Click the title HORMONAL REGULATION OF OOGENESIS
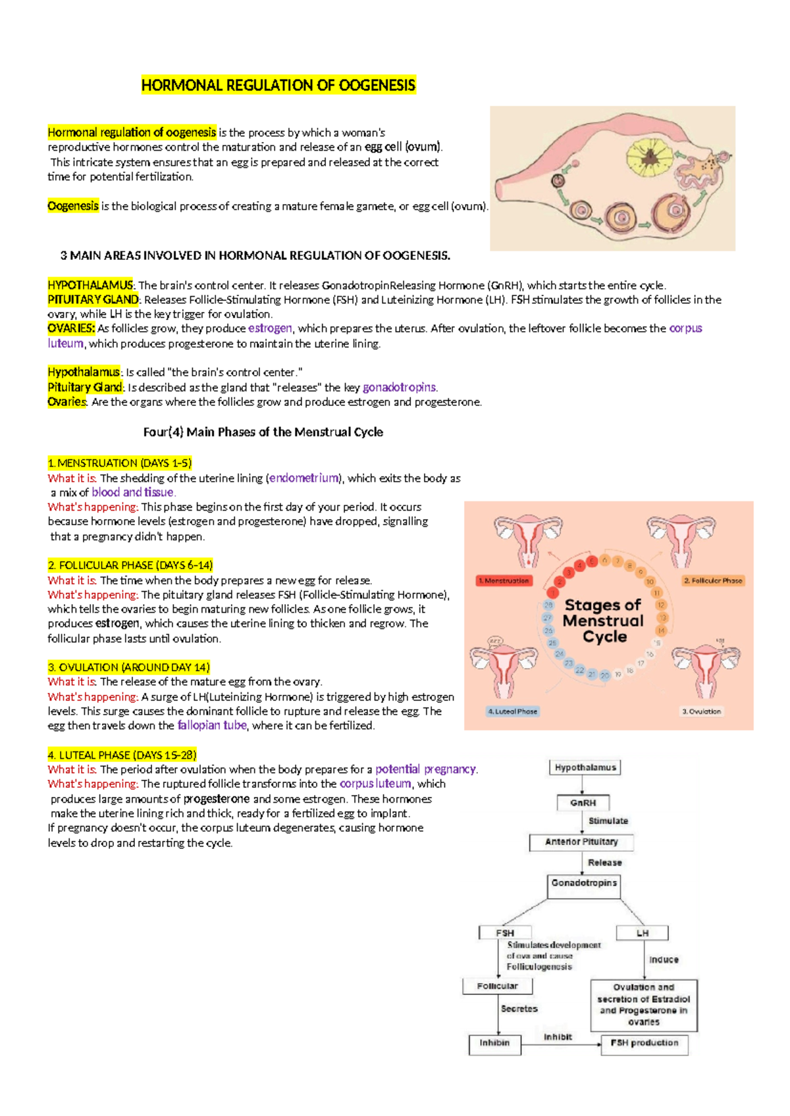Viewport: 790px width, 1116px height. click(x=278, y=86)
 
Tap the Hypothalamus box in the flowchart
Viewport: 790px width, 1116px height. click(x=585, y=767)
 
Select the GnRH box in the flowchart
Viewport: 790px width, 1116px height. click(x=583, y=803)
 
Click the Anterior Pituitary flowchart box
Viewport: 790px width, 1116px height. click(x=581, y=842)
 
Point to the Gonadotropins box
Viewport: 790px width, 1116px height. click(x=584, y=883)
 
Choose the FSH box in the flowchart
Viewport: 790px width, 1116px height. click(x=505, y=933)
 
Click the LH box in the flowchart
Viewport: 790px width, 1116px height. click(x=642, y=933)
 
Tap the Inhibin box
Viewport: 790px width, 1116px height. click(x=494, y=1044)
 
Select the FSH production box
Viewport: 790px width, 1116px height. click(x=644, y=1044)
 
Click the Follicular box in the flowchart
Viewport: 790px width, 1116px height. click(x=497, y=986)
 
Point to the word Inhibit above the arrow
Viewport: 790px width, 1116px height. click(x=558, y=1037)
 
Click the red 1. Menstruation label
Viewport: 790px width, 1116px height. click(x=504, y=580)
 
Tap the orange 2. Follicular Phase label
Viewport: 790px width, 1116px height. click(x=712, y=580)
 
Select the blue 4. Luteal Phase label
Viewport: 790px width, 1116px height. click(x=512, y=711)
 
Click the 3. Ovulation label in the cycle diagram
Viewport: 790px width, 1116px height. click(x=701, y=711)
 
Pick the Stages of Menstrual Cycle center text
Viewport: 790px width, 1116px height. click(x=604, y=621)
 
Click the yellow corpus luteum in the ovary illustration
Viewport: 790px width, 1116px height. click(x=650, y=157)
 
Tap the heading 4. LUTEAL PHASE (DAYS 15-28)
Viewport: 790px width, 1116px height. click(x=122, y=755)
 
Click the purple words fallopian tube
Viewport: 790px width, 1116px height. click(x=212, y=725)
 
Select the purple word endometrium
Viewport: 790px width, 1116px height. click(x=303, y=478)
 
